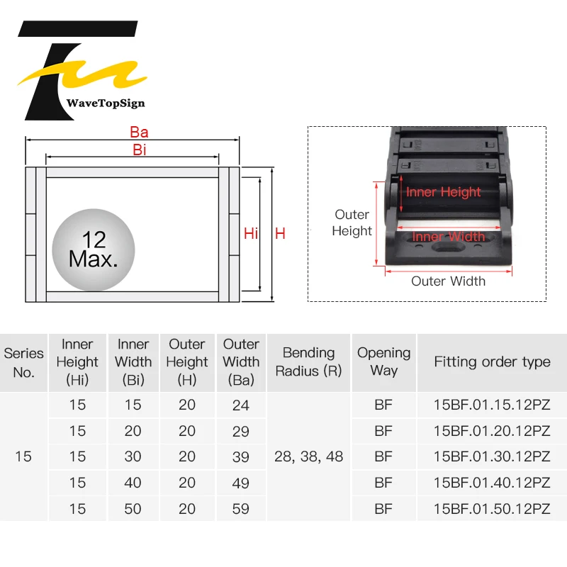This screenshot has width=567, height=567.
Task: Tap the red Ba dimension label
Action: (x=139, y=133)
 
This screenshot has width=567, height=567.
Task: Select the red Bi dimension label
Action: (x=139, y=150)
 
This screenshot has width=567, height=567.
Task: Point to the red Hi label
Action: (x=251, y=233)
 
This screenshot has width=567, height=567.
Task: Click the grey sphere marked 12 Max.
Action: (x=93, y=249)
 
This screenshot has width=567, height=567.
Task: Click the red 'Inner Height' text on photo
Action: (x=443, y=192)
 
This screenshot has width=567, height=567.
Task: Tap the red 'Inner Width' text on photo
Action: (x=448, y=237)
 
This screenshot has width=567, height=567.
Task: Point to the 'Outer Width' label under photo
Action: (x=448, y=281)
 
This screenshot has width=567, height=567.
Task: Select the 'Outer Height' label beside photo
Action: (x=352, y=223)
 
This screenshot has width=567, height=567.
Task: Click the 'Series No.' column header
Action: (x=23, y=362)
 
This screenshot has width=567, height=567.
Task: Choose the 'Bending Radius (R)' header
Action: (x=308, y=361)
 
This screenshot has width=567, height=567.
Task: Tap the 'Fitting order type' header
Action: (x=492, y=361)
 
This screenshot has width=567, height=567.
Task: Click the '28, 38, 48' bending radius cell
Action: (x=308, y=457)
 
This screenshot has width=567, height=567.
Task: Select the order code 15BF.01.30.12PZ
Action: (x=492, y=457)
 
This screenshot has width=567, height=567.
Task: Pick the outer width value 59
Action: (x=241, y=509)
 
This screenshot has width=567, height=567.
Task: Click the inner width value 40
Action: (x=133, y=483)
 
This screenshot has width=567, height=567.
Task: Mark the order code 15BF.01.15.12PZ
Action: (x=492, y=405)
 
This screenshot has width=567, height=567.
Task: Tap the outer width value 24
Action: (x=241, y=405)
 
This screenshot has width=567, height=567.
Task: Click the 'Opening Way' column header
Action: (x=383, y=361)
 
